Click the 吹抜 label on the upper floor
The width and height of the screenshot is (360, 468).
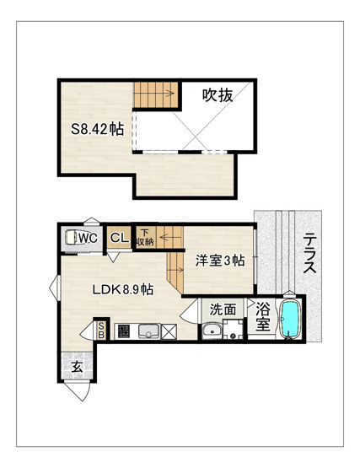click(218, 95)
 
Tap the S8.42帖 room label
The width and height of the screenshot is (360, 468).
click(97, 129)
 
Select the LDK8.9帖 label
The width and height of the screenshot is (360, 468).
click(123, 289)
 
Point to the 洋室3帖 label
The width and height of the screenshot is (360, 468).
click(220, 261)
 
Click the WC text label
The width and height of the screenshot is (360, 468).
click(89, 238)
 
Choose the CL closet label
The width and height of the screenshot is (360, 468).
click(120, 238)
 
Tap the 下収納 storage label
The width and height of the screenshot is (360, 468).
click(145, 237)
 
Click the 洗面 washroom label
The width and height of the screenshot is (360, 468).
click(223, 309)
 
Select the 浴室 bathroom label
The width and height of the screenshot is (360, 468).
click(263, 316)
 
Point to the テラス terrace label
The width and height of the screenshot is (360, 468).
click(309, 253)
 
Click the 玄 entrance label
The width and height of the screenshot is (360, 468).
click(78, 367)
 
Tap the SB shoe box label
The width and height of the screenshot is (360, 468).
click(101, 330)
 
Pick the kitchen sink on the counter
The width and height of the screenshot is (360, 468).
click(148, 331)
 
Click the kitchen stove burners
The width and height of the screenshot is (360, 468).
click(124, 331)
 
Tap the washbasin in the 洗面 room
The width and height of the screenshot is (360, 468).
click(212, 331)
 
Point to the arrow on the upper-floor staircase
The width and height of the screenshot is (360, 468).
click(153, 94)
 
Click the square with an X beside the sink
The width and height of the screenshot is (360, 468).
click(169, 331)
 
